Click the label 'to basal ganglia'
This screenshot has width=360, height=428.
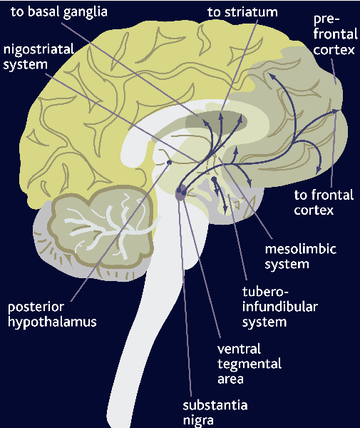click(x=59, y=12)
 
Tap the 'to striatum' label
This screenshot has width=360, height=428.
click(x=242, y=12)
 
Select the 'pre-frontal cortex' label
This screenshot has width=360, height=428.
click(x=335, y=34)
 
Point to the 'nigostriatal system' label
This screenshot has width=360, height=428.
click(x=38, y=57)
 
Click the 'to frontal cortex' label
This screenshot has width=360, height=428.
click(x=324, y=203)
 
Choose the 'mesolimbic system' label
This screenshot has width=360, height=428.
click(x=301, y=257)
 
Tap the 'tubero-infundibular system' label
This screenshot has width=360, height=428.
click(x=280, y=307)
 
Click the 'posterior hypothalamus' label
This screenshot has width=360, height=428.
click(x=52, y=315)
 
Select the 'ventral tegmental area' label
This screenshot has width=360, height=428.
click(x=250, y=364)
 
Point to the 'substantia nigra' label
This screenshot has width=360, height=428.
click(x=215, y=412)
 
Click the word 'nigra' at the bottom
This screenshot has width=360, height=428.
click(x=198, y=420)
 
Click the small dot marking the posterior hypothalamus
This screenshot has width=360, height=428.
click(x=169, y=163)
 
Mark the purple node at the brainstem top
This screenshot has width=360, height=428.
click(x=181, y=192)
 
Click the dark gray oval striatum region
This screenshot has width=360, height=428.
click(x=216, y=121)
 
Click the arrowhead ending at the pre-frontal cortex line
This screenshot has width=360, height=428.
click(x=336, y=111)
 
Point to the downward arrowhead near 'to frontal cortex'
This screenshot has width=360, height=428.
click(x=319, y=170)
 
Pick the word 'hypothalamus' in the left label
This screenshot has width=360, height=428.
click(x=52, y=322)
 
